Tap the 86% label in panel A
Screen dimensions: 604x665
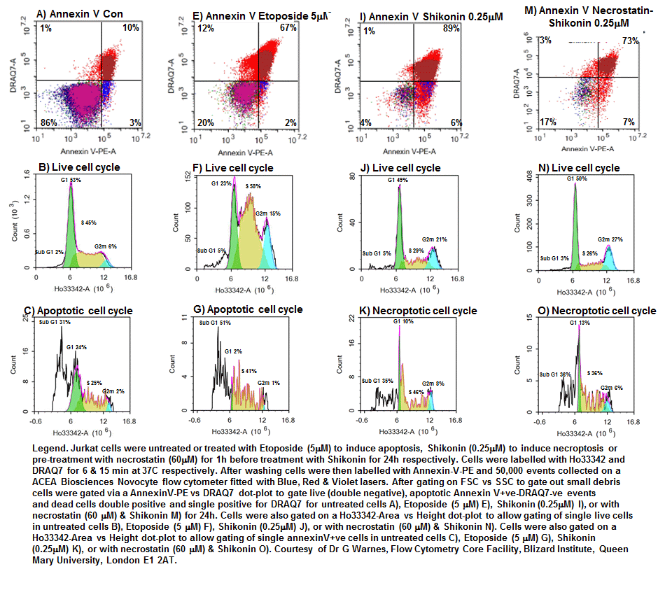pyautogui.click(x=48, y=123)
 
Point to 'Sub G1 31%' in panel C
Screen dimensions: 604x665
pyautogui.click(x=57, y=323)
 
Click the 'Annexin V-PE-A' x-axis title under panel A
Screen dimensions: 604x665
pyautogui.click(x=83, y=151)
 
